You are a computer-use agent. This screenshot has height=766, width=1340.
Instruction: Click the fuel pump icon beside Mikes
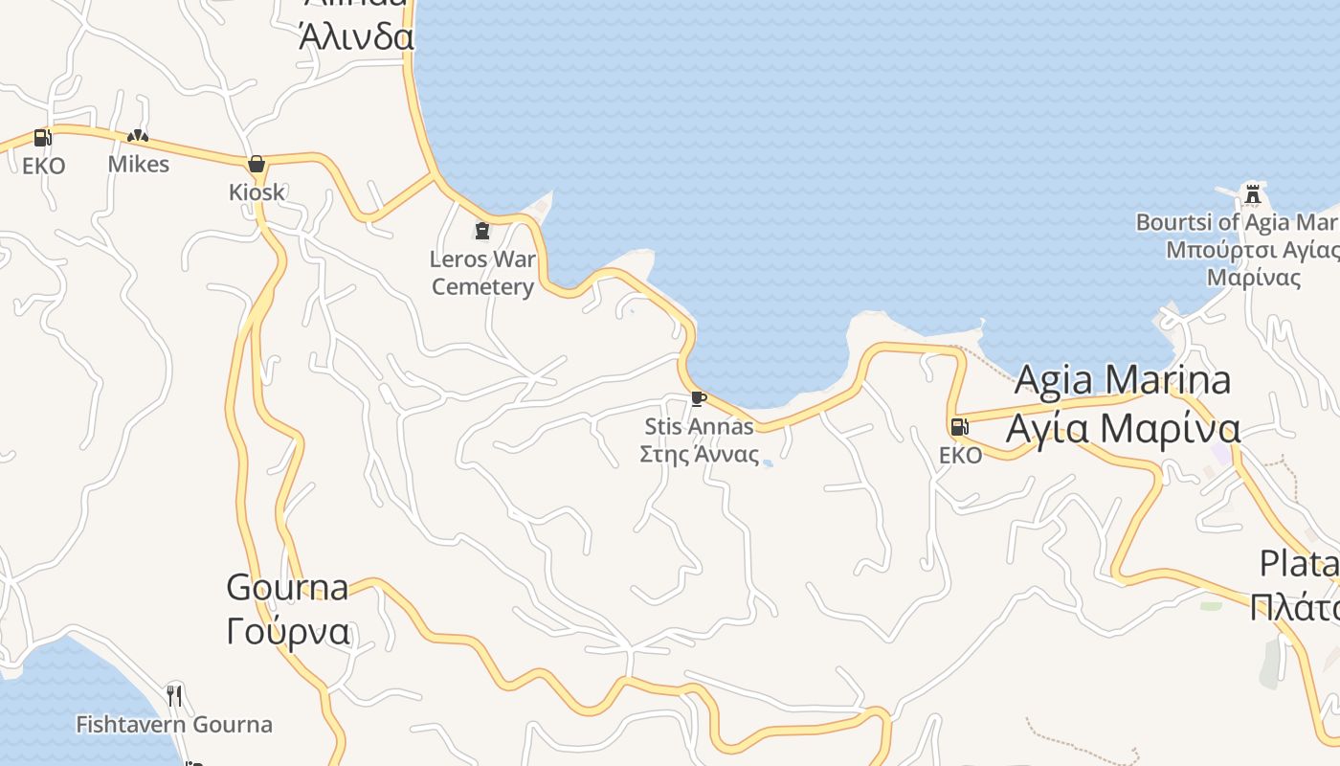pyautogui.click(x=42, y=138)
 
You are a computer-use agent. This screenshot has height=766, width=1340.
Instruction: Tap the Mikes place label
pyautogui.click(x=138, y=164)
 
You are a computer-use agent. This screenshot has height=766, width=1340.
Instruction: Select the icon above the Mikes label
pyautogui.click(x=138, y=137)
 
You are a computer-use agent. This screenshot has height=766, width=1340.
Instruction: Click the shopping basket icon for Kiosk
pyautogui.click(x=256, y=164)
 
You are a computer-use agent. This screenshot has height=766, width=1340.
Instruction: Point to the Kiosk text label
pyautogui.click(x=257, y=191)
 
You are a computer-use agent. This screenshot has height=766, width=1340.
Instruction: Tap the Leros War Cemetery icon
pyautogui.click(x=481, y=231)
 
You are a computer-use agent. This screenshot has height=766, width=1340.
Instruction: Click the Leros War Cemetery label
pyautogui.click(x=482, y=273)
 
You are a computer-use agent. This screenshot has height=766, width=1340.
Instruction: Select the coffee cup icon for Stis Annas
pyautogui.click(x=698, y=398)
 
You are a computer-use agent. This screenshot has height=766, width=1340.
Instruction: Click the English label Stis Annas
pyautogui.click(x=699, y=426)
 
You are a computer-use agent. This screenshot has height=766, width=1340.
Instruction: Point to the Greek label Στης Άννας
pyautogui.click(x=699, y=454)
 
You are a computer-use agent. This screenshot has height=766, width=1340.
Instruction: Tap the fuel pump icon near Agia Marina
pyautogui.click(x=958, y=427)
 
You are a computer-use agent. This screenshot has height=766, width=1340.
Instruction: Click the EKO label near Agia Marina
pyautogui.click(x=960, y=455)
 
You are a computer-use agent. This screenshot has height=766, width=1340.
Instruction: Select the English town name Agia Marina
pyautogui.click(x=1122, y=380)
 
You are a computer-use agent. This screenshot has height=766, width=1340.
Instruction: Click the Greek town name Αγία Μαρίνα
pyautogui.click(x=1122, y=427)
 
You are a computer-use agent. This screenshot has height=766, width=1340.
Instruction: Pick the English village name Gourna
pyautogui.click(x=287, y=587)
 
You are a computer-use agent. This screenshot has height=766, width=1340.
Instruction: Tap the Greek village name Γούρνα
pyautogui.click(x=287, y=632)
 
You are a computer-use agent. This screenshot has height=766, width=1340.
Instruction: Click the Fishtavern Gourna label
pyautogui.click(x=174, y=724)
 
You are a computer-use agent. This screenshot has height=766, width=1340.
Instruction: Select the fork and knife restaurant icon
pyautogui.click(x=174, y=695)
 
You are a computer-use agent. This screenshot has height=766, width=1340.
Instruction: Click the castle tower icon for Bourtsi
pyautogui.click(x=1252, y=194)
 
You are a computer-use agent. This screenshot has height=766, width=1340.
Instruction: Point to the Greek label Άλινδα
pyautogui.click(x=356, y=36)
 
